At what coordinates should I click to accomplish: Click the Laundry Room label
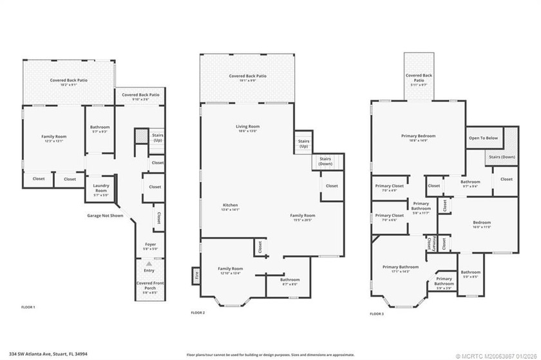pos(100,189)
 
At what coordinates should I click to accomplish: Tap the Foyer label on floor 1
pos(149,245)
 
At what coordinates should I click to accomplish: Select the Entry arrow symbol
pos(149,264)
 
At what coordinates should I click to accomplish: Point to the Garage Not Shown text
pos(105,216)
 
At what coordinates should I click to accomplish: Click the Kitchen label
pos(230,206)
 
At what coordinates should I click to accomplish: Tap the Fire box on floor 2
pos(195,276)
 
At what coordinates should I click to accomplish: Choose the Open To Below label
pos(483,138)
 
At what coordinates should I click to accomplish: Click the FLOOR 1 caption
pos(28,307)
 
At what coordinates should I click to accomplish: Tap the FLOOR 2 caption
pos(198,312)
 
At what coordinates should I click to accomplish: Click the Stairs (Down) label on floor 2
pos(326,162)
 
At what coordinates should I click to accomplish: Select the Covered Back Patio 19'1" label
pos(247,78)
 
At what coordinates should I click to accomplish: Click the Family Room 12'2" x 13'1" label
pos(54,138)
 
